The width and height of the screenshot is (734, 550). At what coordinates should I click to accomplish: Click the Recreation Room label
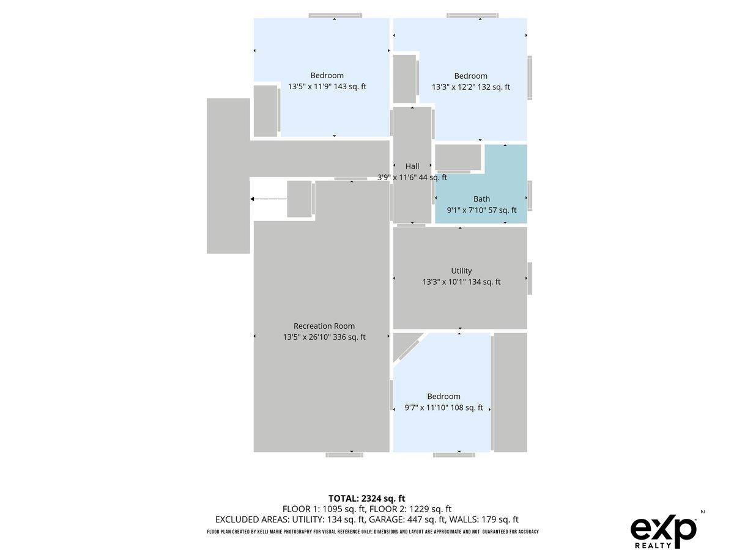click(x=324, y=326)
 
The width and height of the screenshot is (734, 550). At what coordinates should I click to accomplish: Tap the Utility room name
click(x=461, y=271)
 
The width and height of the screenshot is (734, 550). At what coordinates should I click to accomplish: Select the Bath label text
click(x=481, y=199)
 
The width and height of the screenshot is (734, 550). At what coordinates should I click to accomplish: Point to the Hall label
click(x=412, y=166)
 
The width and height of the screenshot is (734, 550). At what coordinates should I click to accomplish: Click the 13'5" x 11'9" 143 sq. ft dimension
click(x=327, y=86)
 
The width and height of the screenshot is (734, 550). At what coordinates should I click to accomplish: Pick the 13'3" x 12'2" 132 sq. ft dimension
click(x=470, y=87)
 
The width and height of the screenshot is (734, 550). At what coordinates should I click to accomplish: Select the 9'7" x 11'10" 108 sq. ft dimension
click(x=443, y=408)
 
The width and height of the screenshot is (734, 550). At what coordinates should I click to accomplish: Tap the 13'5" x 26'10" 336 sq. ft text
click(x=324, y=337)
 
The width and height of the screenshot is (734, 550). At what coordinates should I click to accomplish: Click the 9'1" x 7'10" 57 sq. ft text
click(x=481, y=210)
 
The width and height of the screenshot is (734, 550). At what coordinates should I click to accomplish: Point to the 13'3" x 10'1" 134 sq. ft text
click(x=461, y=282)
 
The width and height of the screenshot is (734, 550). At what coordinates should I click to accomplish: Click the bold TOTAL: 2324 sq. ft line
click(x=366, y=498)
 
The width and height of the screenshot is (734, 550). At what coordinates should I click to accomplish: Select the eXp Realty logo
click(x=664, y=532)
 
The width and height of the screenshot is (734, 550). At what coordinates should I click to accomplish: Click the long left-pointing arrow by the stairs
click(x=269, y=199)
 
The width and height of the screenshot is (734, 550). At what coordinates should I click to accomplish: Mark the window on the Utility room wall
click(x=529, y=278)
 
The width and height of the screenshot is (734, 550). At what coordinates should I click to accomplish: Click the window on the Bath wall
click(x=529, y=196)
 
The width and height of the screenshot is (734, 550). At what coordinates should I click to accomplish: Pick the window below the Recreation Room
click(x=344, y=455)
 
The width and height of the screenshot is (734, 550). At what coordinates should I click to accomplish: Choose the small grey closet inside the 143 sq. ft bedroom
click(x=265, y=111)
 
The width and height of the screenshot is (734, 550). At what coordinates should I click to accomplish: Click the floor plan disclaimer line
click(x=373, y=531)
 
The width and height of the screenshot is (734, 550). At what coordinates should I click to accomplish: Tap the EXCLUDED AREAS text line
click(x=366, y=519)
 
